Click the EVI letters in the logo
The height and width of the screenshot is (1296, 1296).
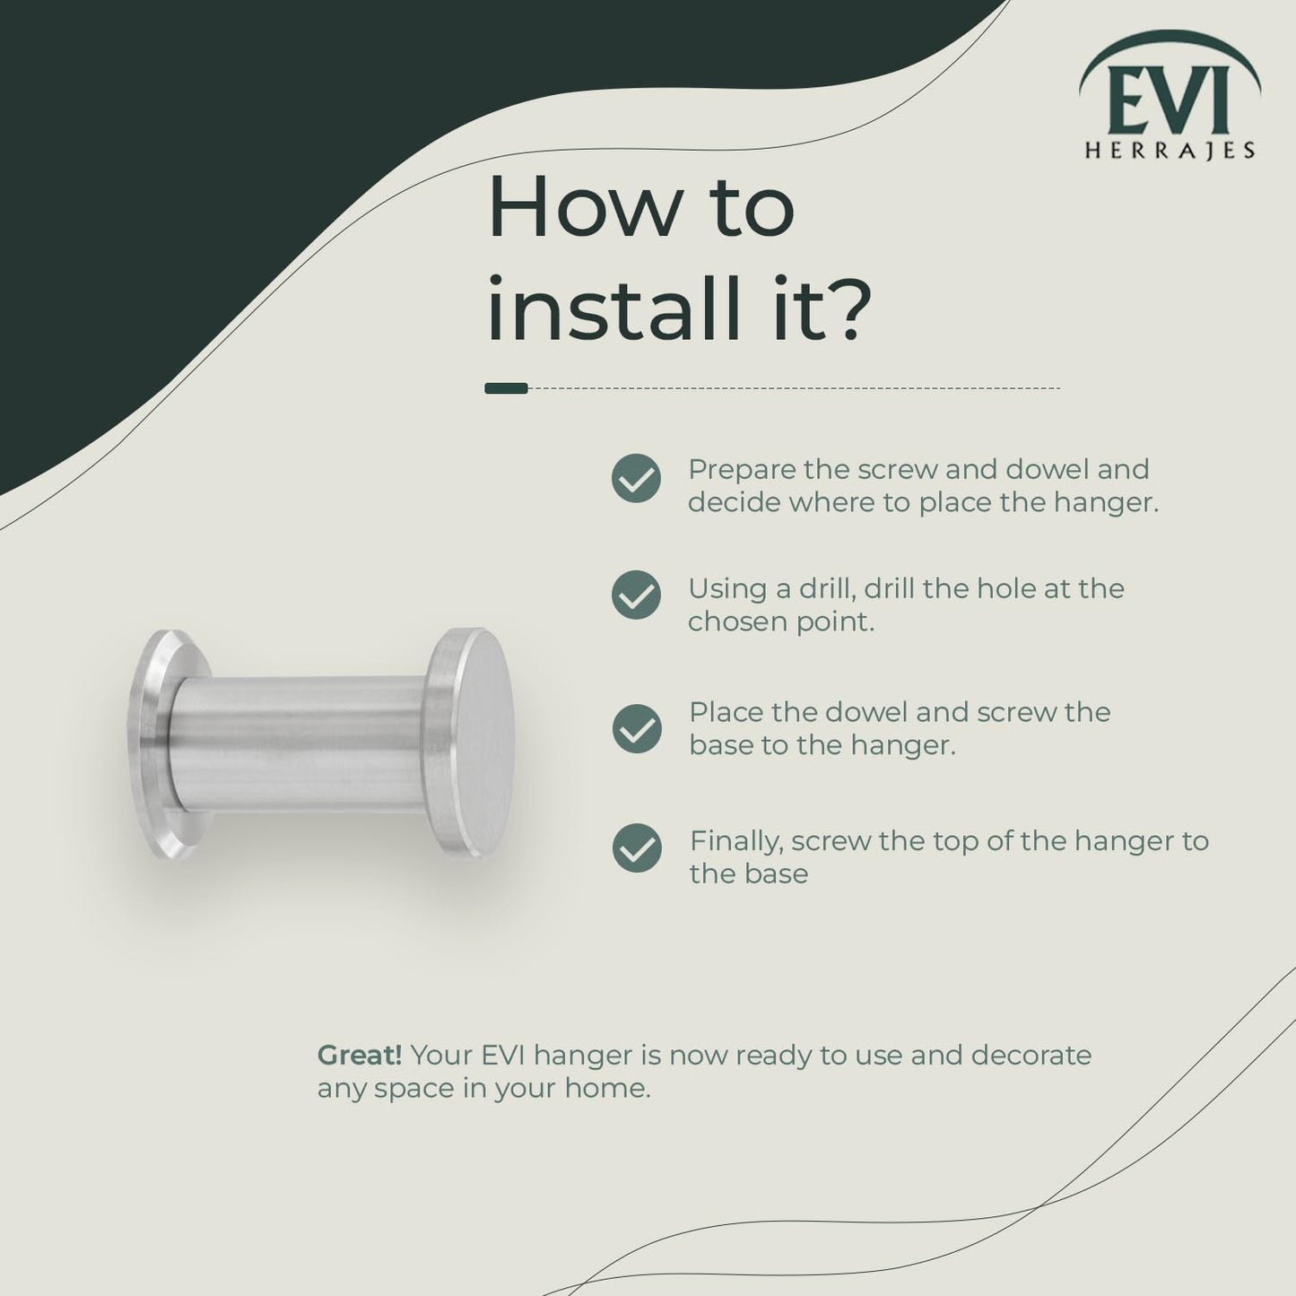pyautogui.click(x=1169, y=100)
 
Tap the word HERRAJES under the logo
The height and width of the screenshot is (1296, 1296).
pyautogui.click(x=1170, y=150)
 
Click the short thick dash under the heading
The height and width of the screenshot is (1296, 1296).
pyautogui.click(x=507, y=388)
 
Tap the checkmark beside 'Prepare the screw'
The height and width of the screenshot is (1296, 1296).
pyautogui.click(x=636, y=478)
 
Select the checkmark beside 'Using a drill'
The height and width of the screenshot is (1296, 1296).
pyautogui.click(x=636, y=595)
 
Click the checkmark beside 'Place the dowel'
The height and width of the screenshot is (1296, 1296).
pyautogui.click(x=637, y=728)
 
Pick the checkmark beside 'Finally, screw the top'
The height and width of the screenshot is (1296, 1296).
pyautogui.click(x=637, y=848)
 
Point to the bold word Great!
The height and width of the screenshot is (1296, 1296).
pyautogui.click(x=360, y=1056)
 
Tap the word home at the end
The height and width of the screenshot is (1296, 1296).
pyautogui.click(x=607, y=1088)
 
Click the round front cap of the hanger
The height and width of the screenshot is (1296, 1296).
pyautogui.click(x=471, y=742)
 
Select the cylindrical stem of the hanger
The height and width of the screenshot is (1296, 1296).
pyautogui.click(x=300, y=744)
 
